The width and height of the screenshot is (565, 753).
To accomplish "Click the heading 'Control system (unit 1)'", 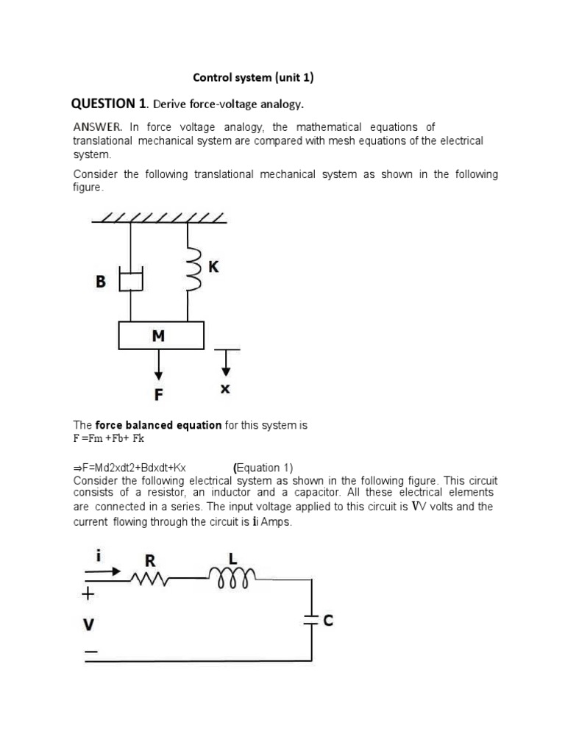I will [252, 77].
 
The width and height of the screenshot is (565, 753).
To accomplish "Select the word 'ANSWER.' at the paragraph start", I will [96, 127].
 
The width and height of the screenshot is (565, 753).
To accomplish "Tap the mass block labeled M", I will [161, 336].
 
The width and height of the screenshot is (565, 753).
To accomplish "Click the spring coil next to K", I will [194, 269].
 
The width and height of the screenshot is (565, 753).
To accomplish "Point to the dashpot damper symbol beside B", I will [130, 280].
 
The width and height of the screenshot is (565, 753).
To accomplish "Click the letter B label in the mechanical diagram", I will [101, 281].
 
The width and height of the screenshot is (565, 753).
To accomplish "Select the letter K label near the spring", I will [213, 268].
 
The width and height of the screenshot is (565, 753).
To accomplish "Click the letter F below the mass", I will [158, 396].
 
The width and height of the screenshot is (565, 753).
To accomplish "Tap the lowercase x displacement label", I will [225, 390].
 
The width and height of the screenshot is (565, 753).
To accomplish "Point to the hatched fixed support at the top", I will [159, 218].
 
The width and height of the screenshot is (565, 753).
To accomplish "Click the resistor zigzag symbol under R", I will [150, 581].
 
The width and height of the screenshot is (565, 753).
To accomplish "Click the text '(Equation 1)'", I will [263, 468].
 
